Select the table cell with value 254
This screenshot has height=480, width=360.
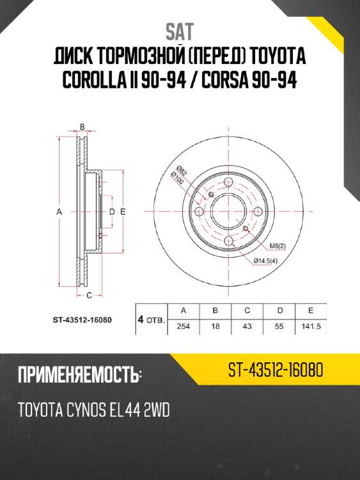pyautogui.click(x=183, y=326)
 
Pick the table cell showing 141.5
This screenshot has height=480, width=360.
pyautogui.click(x=310, y=326)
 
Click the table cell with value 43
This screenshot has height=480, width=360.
pyautogui.click(x=247, y=326)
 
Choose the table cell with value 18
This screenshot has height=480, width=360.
pyautogui.click(x=215, y=326)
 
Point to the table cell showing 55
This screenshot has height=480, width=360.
pyautogui.click(x=279, y=326)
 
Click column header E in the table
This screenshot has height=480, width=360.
pyautogui.click(x=310, y=311)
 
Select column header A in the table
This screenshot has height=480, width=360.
pyautogui.click(x=183, y=311)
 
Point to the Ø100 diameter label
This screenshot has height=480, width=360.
pyautogui.click(x=178, y=180)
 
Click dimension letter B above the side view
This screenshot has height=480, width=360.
pyautogui.click(x=82, y=127)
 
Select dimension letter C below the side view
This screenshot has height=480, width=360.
pyautogui.click(x=90, y=295)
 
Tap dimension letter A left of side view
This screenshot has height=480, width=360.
pyautogui.click(x=58, y=211)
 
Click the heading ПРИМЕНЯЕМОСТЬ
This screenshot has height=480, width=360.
pyautogui.click(x=78, y=374)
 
